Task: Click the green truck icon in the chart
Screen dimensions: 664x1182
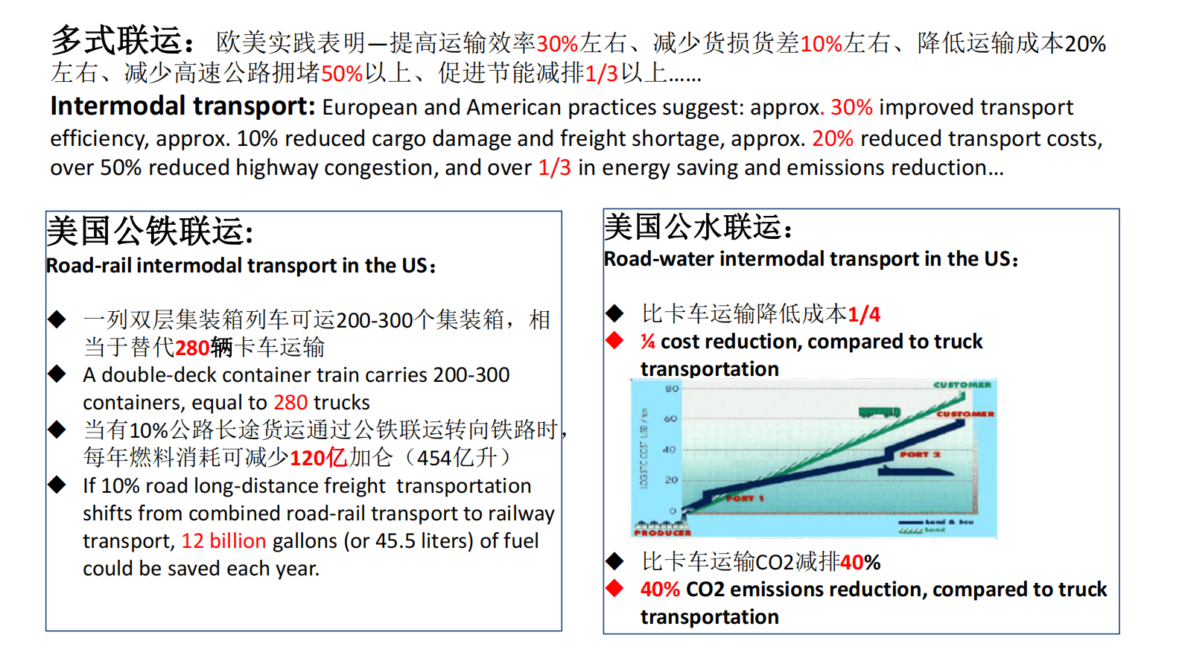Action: [879, 412]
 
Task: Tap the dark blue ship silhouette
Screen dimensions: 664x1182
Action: [915, 470]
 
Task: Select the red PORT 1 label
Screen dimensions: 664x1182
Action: [745, 498]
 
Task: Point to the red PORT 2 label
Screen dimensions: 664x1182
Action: [920, 454]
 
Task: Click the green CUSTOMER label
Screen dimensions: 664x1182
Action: [962, 385]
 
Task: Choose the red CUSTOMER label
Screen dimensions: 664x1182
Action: [965, 414]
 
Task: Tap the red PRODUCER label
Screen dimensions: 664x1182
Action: [662, 532]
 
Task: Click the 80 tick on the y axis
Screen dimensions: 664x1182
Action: [672, 389]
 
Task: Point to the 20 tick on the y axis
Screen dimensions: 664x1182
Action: [672, 480]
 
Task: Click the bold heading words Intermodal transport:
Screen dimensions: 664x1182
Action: [183, 106]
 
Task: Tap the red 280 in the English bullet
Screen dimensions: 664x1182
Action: [290, 403]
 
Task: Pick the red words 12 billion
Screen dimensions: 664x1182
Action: [223, 541]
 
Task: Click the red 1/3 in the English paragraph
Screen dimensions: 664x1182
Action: [555, 168]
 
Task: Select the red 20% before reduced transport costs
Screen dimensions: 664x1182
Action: [833, 139]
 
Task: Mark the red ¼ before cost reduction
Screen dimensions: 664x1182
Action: [648, 342]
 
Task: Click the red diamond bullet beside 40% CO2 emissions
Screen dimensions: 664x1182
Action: [614, 589]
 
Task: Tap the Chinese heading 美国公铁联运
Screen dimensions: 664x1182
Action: [149, 231]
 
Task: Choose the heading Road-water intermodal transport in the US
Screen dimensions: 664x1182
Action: [810, 259]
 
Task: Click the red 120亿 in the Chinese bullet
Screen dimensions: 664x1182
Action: [318, 458]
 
